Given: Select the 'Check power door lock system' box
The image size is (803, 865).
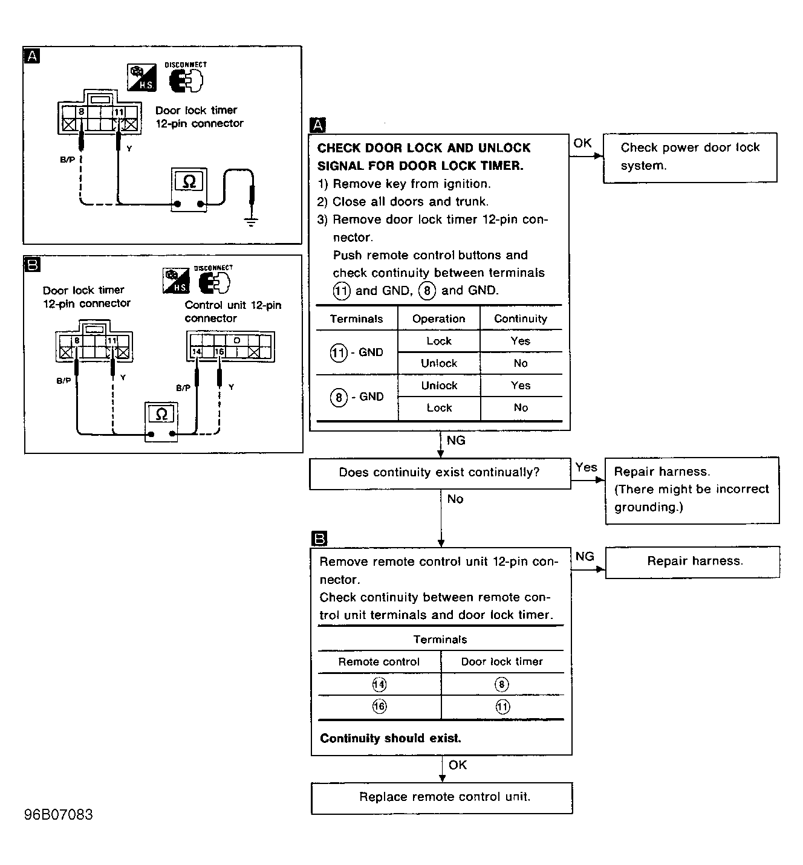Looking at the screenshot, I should [689, 157].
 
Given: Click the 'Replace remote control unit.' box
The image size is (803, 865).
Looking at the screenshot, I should [441, 798].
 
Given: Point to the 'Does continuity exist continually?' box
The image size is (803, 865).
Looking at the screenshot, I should [440, 473].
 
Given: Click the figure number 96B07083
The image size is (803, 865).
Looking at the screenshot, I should [59, 815].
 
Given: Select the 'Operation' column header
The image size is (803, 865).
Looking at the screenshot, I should [438, 319].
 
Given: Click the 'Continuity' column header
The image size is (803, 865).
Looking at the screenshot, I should [520, 319].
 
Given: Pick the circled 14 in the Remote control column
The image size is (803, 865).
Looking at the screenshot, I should [379, 684].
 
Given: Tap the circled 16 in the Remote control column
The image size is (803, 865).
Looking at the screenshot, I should [379, 707].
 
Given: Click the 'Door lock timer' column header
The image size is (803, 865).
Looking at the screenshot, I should [502, 662].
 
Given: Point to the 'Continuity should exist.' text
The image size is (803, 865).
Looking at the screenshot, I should [390, 739].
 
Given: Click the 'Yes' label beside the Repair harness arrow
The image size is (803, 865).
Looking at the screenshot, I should [586, 467].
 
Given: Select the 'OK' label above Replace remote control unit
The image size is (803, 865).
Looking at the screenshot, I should [458, 765].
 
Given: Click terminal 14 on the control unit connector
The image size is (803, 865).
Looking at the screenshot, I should [196, 352].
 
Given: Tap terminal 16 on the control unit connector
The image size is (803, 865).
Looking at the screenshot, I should [219, 352].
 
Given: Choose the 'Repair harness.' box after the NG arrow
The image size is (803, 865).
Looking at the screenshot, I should [692, 562].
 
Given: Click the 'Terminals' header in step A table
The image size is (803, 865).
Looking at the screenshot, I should [356, 319].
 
